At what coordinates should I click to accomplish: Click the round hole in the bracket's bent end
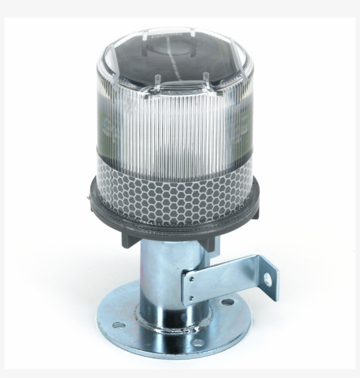point(267,277)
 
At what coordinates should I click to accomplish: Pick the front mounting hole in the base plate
point(198,343)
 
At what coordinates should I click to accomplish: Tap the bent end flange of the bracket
point(269,281)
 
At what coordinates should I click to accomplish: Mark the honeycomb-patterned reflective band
point(176,193)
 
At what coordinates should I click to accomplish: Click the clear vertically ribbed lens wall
point(176,127)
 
